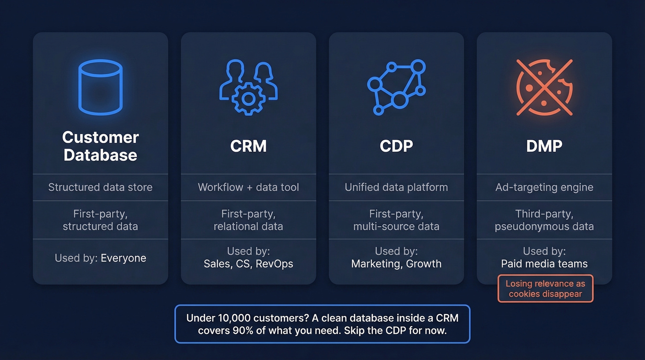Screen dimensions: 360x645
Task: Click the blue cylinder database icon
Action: point(100,87)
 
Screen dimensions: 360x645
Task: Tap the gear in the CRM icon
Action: point(248,98)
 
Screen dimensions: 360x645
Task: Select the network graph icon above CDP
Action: point(396,87)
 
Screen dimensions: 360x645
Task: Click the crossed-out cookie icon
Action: point(544,87)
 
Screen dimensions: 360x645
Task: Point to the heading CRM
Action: point(248,146)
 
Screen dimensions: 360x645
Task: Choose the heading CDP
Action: point(396,146)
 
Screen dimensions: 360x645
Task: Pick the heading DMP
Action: point(544,146)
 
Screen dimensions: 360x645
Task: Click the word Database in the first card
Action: point(100,155)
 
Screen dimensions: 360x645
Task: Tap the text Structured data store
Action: point(100,187)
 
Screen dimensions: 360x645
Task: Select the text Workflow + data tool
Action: point(248,187)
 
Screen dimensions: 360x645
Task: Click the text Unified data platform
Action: point(396,187)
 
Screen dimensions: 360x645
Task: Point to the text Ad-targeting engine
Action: point(544,187)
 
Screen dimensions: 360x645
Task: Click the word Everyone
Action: point(123,258)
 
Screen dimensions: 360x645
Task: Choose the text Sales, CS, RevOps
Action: point(248,264)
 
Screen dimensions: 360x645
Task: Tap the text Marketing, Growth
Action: point(396,264)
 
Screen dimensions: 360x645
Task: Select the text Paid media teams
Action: point(544,264)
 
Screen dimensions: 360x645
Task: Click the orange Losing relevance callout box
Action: point(545,289)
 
